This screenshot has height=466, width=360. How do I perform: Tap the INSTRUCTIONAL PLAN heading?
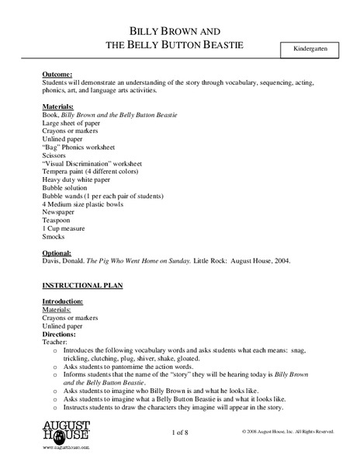coord(81,285)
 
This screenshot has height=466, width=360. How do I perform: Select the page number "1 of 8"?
coord(180,431)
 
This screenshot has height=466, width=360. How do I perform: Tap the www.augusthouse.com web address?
coord(67,449)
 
